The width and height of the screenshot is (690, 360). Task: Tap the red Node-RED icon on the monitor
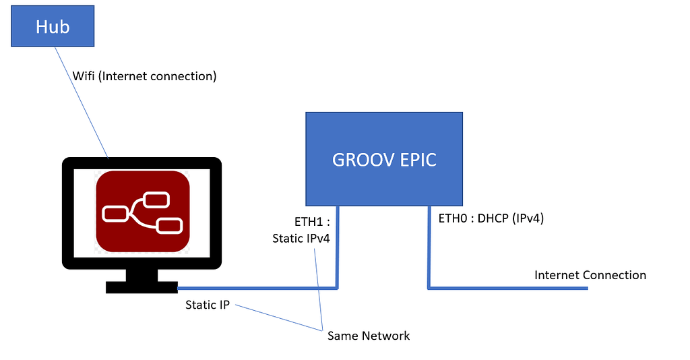(x=142, y=212)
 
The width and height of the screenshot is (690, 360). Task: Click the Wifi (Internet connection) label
(x=144, y=76)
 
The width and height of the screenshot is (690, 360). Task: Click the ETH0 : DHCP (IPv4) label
(x=491, y=218)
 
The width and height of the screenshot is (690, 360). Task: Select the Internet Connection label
(x=590, y=275)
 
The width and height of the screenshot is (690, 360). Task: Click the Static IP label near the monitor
(x=208, y=305)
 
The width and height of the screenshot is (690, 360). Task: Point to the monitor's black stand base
(x=142, y=287)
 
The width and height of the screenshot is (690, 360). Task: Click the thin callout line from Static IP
(x=276, y=318)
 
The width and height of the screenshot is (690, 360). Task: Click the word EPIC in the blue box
(x=414, y=160)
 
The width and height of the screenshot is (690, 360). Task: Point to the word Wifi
(x=84, y=76)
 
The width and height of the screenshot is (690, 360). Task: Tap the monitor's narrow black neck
(x=142, y=274)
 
